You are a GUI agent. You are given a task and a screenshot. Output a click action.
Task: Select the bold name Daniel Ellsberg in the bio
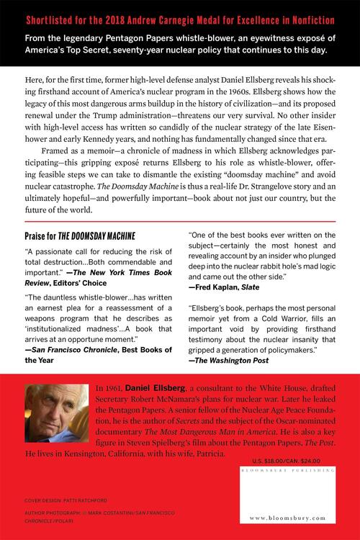click(x=154, y=388)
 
